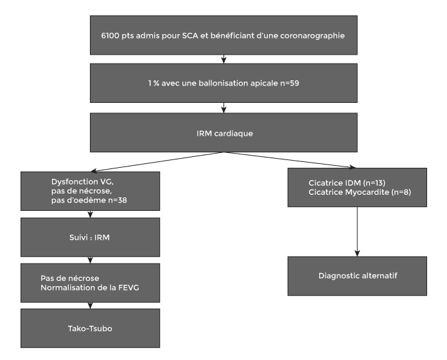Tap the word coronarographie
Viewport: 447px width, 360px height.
point(312,36)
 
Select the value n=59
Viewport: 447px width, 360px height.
point(290,84)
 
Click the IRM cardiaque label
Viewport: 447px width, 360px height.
point(225,134)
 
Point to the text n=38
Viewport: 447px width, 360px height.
point(118,201)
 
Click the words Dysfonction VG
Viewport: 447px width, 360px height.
point(82,182)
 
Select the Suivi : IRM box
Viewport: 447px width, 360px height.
point(91,237)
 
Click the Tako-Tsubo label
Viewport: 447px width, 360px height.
point(90,328)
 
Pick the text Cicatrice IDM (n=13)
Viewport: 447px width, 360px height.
point(347,183)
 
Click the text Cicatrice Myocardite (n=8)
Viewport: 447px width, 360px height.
point(360,192)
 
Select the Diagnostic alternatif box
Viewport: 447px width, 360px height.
point(357,276)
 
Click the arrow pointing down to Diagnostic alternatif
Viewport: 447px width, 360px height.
point(357,231)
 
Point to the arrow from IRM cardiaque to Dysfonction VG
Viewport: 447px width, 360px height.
point(157,162)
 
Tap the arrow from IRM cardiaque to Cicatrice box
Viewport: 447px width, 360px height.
point(290,160)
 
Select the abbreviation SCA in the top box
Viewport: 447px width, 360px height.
point(190,35)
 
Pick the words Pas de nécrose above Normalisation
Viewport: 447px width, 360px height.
point(70,278)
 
